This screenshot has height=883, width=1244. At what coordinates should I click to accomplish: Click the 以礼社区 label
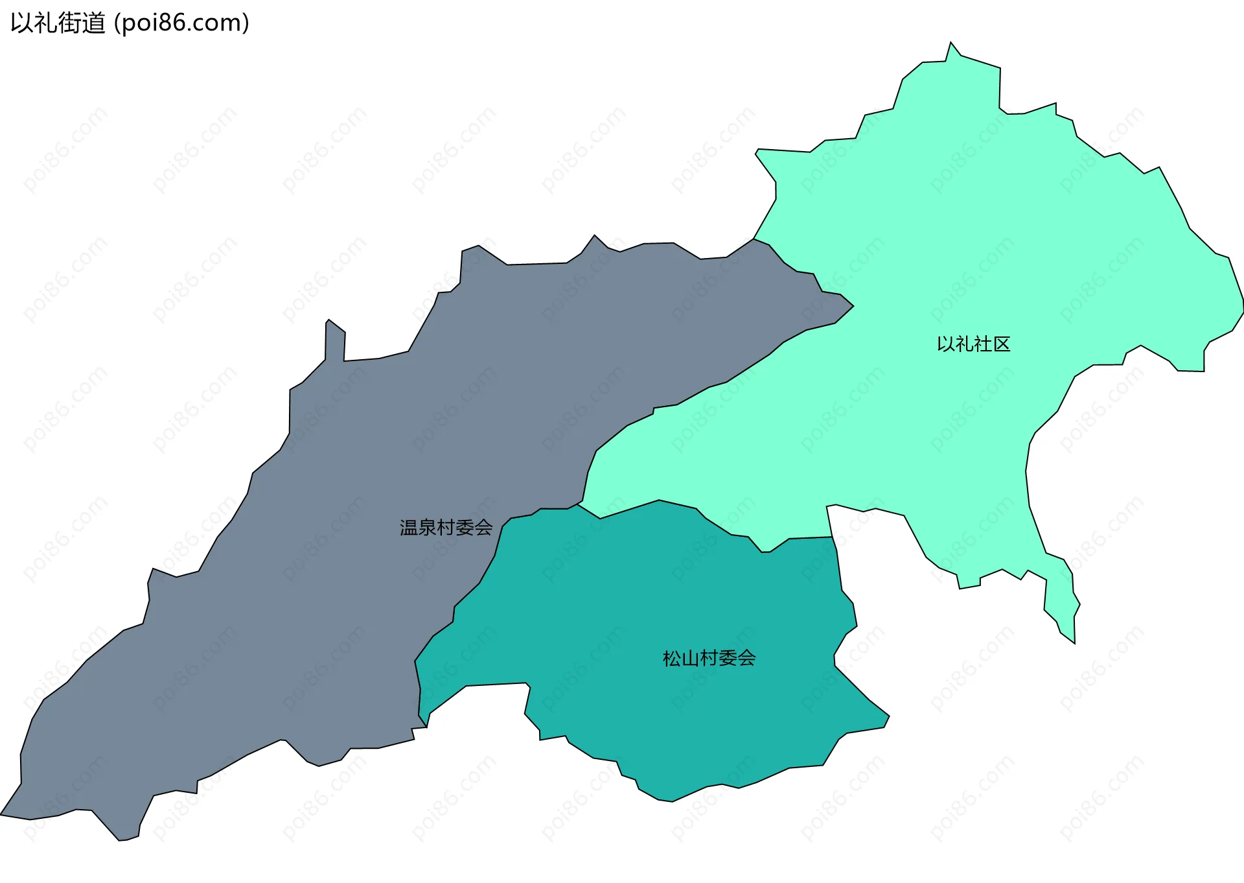[973, 344]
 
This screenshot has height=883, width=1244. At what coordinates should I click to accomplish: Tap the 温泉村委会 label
[446, 528]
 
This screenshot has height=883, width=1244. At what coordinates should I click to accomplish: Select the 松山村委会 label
[709, 659]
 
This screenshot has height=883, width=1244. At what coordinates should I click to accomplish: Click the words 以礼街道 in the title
[58, 23]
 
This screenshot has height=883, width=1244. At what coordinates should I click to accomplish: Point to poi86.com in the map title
[181, 23]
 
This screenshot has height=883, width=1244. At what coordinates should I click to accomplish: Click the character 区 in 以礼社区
[1002, 344]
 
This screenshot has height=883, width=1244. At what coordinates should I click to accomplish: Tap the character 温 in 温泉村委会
[409, 528]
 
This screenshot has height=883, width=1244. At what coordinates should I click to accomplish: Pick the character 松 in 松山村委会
[672, 659]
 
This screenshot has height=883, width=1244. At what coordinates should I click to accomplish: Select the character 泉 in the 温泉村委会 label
[428, 528]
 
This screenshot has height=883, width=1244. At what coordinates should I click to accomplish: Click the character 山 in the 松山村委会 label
[691, 659]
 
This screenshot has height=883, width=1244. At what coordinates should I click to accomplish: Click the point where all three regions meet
[578, 504]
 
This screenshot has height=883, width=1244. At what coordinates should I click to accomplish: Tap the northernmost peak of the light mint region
[950, 43]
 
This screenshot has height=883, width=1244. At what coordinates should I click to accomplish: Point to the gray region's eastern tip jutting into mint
[853, 306]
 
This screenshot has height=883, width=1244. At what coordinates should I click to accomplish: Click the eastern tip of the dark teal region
[889, 716]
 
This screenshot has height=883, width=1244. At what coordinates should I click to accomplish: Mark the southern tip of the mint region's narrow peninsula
[1074, 642]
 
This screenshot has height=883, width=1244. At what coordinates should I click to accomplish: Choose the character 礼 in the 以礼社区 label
[964, 344]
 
